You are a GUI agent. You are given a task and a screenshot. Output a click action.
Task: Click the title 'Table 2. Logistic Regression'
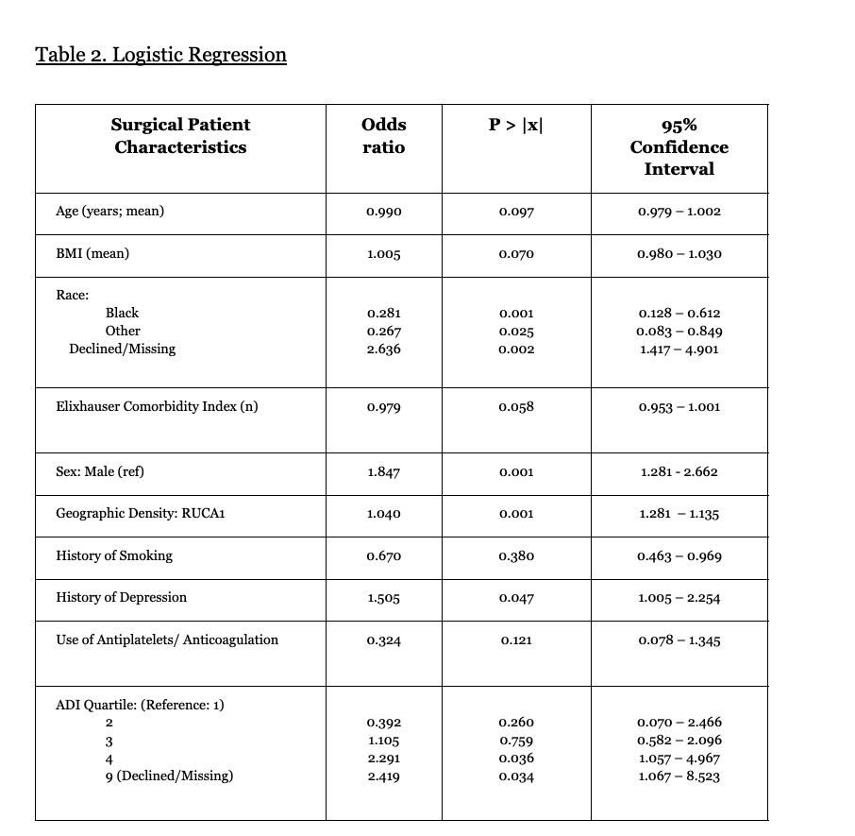point(160,55)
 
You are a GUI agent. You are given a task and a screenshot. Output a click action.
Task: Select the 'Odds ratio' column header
point(383,135)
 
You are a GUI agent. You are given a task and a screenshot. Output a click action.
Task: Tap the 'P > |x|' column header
point(516,125)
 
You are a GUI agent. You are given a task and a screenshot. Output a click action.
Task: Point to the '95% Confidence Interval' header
point(679,146)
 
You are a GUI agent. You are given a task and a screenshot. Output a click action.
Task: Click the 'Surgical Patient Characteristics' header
point(180,135)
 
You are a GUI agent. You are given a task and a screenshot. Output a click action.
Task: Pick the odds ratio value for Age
point(383,212)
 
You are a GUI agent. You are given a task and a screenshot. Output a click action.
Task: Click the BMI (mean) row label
point(92,253)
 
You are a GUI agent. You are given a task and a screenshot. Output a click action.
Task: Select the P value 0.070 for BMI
point(516,254)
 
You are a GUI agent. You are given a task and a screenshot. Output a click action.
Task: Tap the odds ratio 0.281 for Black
point(383,313)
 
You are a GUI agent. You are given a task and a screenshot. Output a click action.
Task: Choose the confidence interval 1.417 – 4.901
point(679,349)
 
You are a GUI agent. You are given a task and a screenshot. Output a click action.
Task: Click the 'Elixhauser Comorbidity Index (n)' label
point(157,406)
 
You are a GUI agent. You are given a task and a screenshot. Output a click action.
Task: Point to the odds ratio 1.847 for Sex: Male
point(383,472)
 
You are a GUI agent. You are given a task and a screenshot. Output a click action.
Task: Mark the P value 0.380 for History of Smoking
point(516,555)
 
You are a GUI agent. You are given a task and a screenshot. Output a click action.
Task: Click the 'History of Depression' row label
point(121,597)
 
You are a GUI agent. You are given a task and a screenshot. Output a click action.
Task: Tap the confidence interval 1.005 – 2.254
point(679,598)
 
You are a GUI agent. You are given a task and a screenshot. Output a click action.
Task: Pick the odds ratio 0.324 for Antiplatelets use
point(383,640)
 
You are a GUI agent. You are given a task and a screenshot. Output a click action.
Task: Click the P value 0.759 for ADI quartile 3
point(516,741)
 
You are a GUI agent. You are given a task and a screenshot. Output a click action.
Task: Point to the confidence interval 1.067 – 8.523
point(679,776)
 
